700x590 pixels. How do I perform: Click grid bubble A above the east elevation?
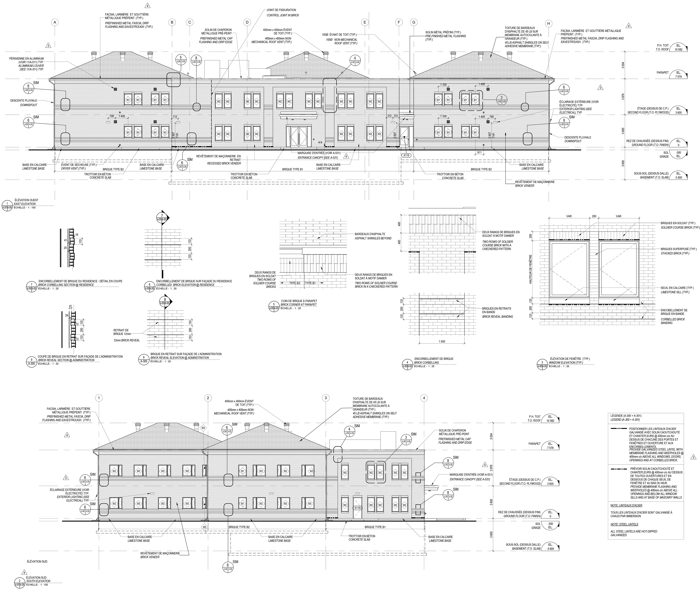pos(55,22)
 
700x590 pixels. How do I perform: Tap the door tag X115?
pos(406,156)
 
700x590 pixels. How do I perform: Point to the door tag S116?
pos(357,508)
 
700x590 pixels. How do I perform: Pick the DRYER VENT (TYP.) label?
pos(73,169)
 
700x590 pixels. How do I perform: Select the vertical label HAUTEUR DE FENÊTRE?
pos(530,269)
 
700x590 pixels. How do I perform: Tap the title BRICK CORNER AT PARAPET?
pos(299,305)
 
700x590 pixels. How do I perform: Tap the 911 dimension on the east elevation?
pos(480,152)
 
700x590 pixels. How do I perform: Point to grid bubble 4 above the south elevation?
pos(424,398)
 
